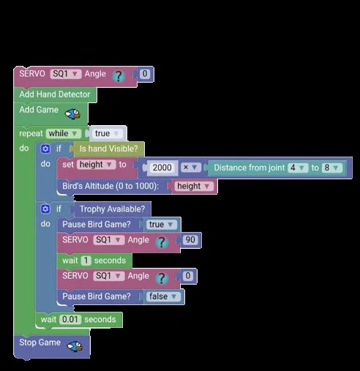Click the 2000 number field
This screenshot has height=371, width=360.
162,168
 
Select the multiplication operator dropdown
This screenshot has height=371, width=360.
190,168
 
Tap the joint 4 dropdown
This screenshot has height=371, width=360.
297,168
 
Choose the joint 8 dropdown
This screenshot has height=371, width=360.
331,168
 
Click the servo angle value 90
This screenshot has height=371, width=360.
190,239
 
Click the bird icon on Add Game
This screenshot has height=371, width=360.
73,113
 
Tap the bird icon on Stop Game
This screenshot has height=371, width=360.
75,346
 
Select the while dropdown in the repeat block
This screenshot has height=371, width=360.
63,133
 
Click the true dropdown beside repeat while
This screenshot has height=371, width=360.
108,133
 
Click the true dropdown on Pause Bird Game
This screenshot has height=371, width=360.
161,225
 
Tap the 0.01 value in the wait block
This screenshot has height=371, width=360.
70,319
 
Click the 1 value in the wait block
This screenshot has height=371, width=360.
86,261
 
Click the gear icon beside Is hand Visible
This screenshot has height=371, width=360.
45,149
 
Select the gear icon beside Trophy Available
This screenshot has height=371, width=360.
45,209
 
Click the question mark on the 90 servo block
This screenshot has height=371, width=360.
162,242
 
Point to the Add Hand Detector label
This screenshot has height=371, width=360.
55,94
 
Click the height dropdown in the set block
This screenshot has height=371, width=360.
96,165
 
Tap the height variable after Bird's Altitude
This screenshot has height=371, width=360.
193,186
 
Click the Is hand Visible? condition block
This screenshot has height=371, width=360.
109,149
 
